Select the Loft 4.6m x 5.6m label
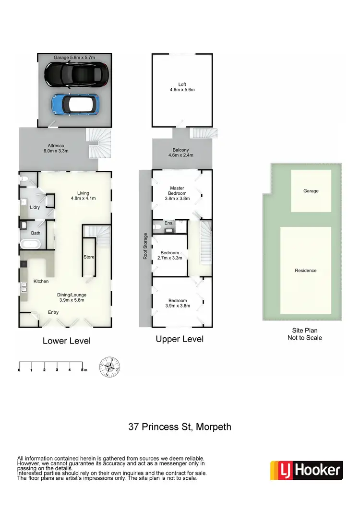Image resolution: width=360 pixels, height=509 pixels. [182, 87]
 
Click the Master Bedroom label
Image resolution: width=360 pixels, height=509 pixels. [177, 190]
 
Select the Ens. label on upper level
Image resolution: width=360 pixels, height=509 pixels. [168, 223]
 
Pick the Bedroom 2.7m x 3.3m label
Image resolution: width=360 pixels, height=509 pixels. [169, 255]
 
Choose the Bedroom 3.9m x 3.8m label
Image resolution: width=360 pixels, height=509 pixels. [177, 303]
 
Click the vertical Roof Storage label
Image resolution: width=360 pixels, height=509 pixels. [144, 247]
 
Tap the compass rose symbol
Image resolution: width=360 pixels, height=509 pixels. [109, 368]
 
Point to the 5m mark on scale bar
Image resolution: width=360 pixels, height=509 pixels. [83, 370]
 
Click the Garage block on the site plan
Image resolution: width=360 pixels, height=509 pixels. [311, 190]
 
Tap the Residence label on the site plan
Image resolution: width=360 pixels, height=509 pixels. [306, 271]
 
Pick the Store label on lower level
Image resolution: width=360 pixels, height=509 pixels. [89, 257]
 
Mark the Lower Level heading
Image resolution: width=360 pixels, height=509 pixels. [66, 341]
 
